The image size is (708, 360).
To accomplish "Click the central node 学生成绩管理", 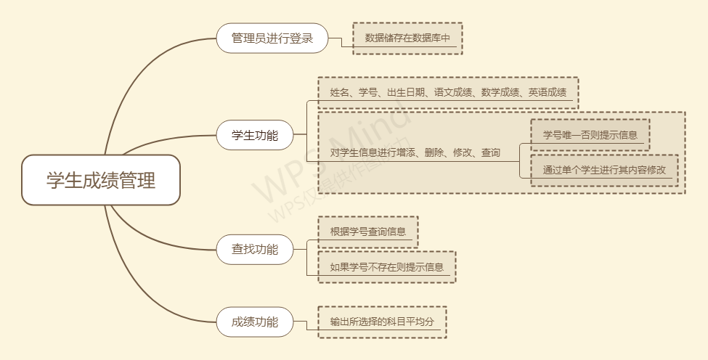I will (x=101, y=180).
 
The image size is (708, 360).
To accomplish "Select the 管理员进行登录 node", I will (x=272, y=38).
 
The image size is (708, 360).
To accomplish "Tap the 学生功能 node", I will (x=255, y=135).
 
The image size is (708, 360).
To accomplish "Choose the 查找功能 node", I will (x=255, y=250).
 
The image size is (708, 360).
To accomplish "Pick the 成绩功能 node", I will (x=255, y=322).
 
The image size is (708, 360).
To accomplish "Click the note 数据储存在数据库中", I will (x=407, y=38).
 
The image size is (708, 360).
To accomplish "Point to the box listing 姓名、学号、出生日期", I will (x=448, y=93).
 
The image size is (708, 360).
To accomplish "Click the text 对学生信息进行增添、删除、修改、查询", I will (x=415, y=152).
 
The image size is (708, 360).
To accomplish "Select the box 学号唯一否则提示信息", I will (x=590, y=135).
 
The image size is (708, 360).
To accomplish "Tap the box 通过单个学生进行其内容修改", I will (x=604, y=170).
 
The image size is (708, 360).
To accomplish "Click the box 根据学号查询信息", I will (x=367, y=232).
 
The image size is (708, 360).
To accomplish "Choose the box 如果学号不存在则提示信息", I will (x=386, y=267).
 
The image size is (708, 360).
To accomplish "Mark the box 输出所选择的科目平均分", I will (x=382, y=322).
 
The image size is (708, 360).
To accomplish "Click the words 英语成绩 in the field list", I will (x=548, y=93).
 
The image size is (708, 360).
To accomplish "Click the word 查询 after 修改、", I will (x=491, y=152).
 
